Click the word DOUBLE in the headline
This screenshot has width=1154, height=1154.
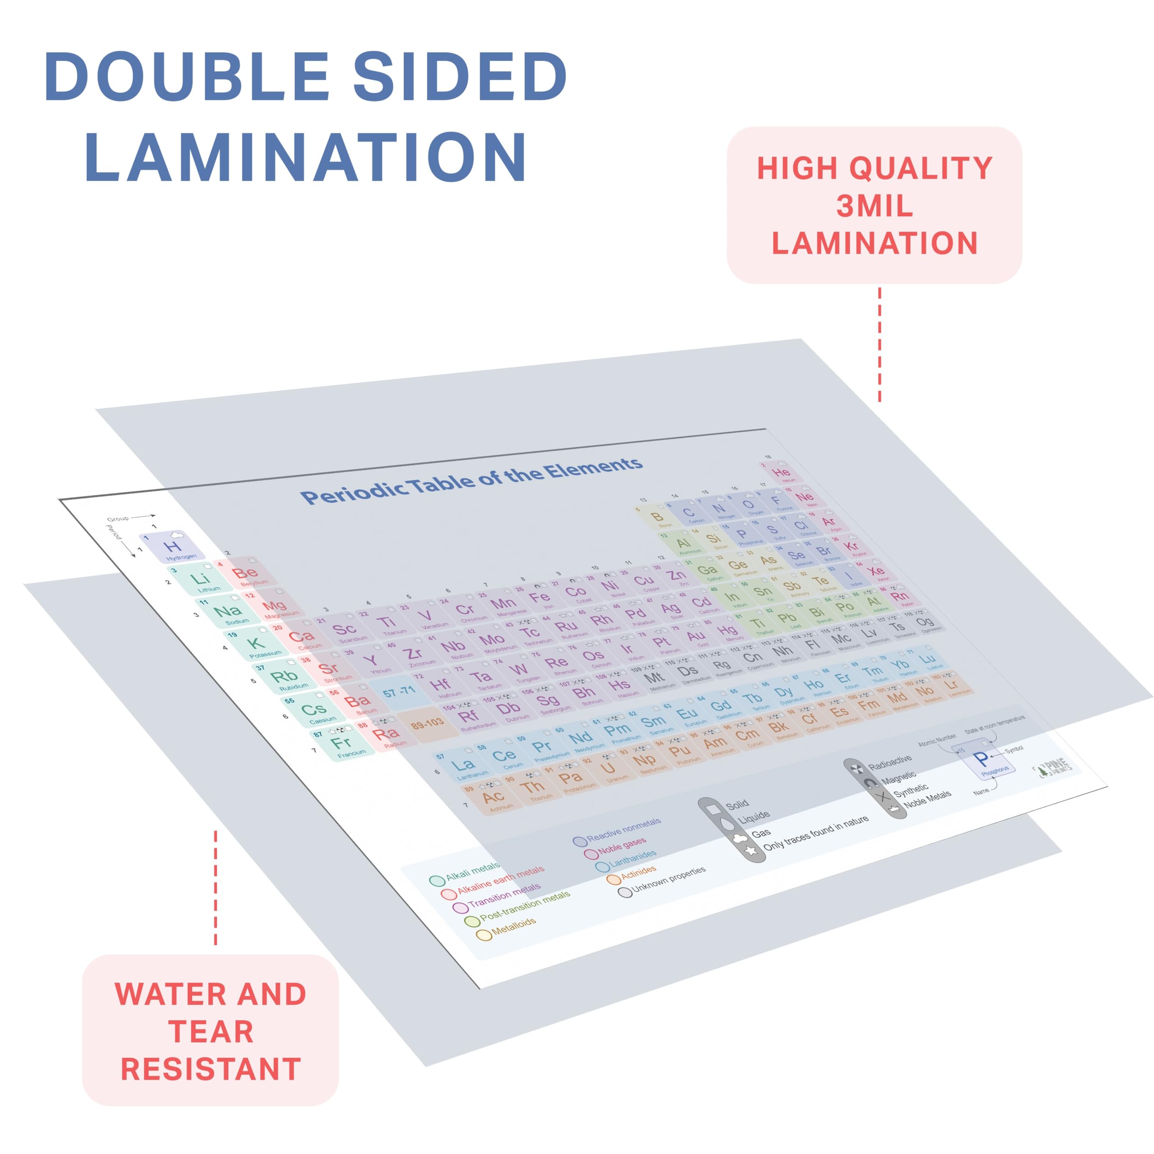coord(186,77)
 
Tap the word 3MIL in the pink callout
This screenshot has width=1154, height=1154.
coord(874,206)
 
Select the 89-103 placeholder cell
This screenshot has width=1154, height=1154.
coord(426,724)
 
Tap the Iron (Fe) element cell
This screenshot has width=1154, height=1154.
coord(540,599)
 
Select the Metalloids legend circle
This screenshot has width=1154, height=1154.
coord(484,935)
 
